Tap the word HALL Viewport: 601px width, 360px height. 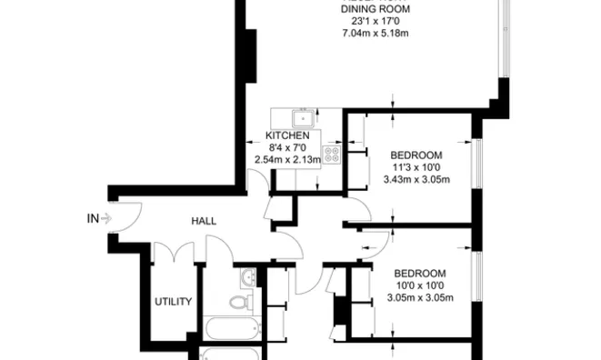[203, 221]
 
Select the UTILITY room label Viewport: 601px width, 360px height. [172, 302]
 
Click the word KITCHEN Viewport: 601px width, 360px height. [287, 135]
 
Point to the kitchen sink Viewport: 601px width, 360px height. [301, 118]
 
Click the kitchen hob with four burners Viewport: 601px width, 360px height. [332, 155]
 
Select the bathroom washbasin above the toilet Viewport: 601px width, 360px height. [247, 278]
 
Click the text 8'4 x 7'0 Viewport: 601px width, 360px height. [287, 148]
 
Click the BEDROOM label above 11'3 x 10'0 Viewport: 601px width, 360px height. [416, 155]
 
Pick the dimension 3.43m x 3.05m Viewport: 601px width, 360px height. [416, 179]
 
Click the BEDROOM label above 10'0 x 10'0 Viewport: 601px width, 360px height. [419, 274]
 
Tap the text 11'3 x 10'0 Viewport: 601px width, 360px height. [416, 167]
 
